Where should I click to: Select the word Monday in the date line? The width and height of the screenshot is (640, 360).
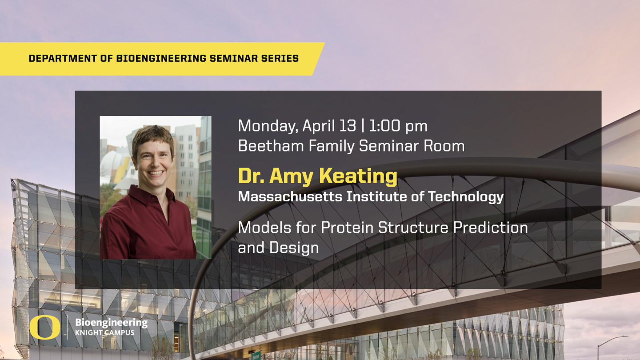point(266,126)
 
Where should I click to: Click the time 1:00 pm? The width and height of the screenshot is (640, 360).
point(398,126)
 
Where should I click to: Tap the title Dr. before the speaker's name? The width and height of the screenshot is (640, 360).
point(251,176)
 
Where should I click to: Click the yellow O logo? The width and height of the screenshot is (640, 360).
point(45,328)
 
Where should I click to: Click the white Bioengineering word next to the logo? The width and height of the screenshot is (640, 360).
point(111,323)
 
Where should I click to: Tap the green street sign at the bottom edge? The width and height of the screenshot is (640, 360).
point(256,356)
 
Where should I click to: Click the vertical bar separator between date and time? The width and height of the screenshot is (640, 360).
point(363,126)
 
